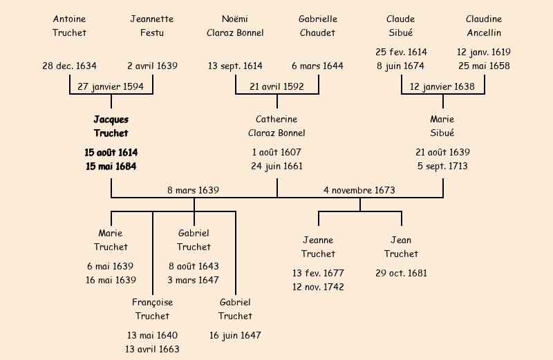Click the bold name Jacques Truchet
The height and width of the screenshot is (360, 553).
point(111,126)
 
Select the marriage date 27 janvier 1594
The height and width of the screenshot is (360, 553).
point(111,87)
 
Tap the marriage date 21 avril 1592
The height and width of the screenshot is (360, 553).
point(276,87)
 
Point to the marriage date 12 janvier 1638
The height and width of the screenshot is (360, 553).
point(442,87)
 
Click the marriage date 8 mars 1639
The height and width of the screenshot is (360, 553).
point(194,190)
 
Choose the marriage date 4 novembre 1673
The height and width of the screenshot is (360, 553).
point(359,190)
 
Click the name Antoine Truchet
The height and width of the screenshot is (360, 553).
point(70,26)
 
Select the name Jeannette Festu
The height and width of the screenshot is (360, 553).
point(152,26)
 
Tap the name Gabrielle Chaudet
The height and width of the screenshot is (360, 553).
point(317,26)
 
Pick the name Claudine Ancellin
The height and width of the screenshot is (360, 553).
point(484,26)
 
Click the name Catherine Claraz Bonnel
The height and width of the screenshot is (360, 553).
point(276,126)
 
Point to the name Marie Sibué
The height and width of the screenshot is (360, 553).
point(442,126)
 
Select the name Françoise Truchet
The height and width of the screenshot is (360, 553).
point(153,309)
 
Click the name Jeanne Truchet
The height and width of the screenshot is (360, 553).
point(318,247)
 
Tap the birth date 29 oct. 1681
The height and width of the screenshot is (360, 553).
point(401,273)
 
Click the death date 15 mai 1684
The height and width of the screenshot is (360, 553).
point(111,167)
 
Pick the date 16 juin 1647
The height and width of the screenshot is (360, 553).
point(235,336)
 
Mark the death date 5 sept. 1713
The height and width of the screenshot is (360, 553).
point(442,167)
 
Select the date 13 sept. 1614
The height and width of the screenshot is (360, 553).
point(235,66)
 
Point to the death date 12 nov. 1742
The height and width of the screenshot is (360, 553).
point(318,287)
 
